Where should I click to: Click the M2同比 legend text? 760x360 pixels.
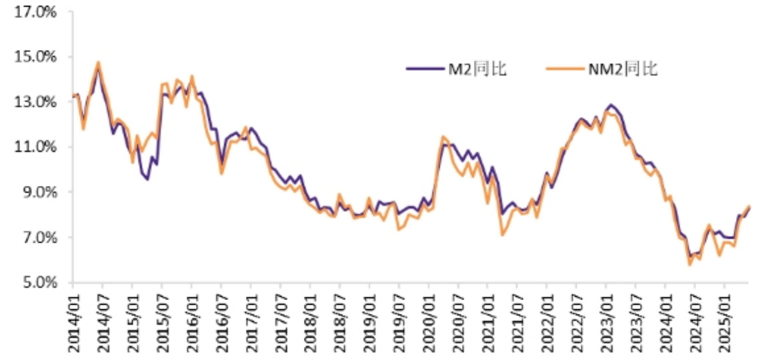pyautogui.click(x=475, y=69)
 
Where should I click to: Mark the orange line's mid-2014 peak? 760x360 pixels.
pyautogui.click(x=98, y=63)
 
